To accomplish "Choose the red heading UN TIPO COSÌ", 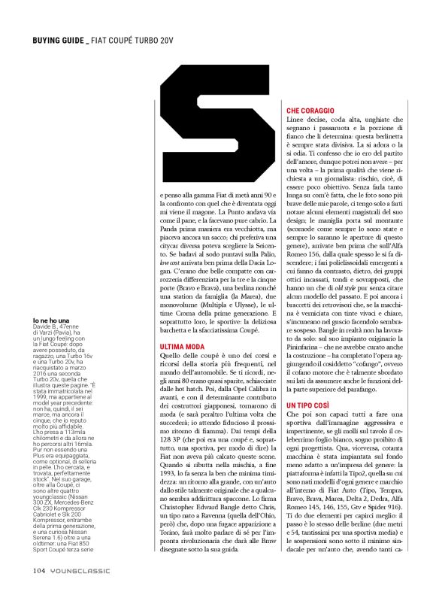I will point(307,406).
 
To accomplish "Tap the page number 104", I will point(40,569).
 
